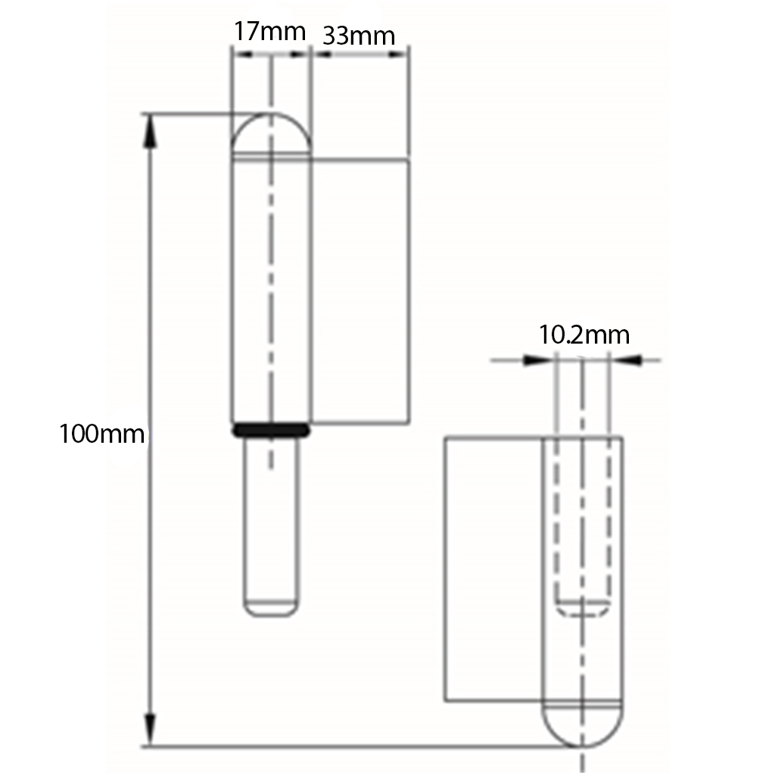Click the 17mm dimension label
tap(269, 32)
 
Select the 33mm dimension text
tap(359, 36)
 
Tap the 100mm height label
tap(101, 434)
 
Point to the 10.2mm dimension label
tap(584, 335)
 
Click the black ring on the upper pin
tap(271, 430)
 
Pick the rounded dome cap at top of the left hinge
tap(270, 135)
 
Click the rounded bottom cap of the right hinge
tap(582, 724)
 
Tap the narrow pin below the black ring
tap(270, 522)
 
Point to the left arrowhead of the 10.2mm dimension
tap(537, 360)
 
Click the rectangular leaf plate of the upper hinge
tap(360, 291)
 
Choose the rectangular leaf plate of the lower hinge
tap(493, 568)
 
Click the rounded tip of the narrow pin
tap(270, 608)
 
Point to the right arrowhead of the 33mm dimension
tap(400, 54)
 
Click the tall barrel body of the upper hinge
tap(270, 288)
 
